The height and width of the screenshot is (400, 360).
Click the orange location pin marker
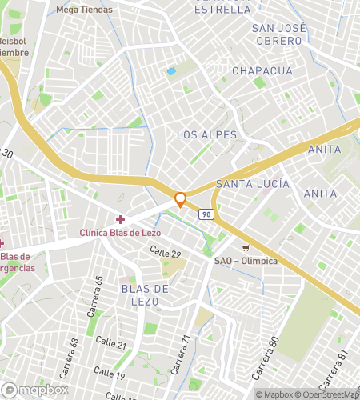[181, 199]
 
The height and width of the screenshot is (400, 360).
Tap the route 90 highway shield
[206, 214]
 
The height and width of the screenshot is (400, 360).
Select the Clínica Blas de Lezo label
[120, 233]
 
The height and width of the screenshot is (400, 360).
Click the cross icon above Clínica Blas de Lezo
[120, 219]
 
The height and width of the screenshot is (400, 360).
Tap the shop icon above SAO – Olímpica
[246, 247]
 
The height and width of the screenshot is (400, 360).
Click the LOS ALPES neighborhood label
[207, 134]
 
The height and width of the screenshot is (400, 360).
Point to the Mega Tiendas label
[85, 10]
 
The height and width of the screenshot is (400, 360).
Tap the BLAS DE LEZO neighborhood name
[145, 294]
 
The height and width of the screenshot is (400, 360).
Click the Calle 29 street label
[166, 253]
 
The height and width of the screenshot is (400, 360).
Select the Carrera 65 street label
[98, 290]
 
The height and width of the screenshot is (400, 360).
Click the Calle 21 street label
[110, 344]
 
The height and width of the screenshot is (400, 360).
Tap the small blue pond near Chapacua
[170, 71]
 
